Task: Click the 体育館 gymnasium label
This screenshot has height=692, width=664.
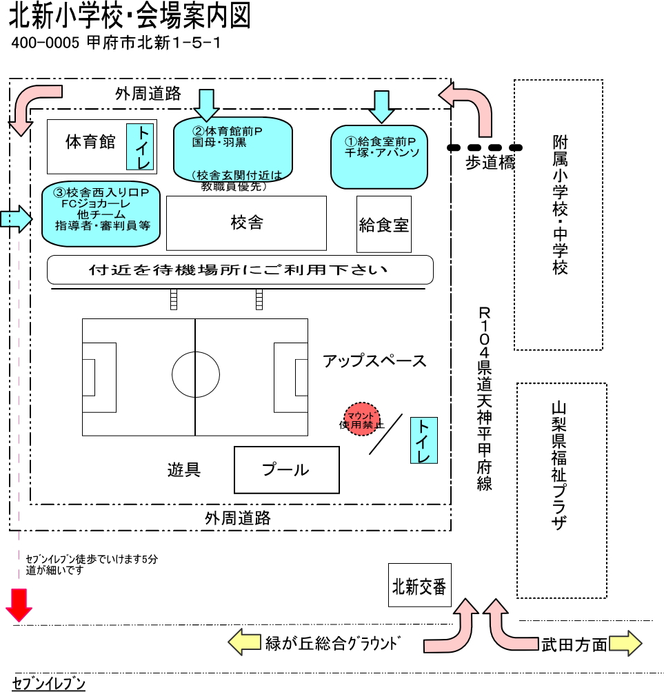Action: click(90, 142)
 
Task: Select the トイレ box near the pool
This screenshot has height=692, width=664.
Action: click(423, 440)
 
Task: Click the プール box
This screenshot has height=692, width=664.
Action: click(287, 470)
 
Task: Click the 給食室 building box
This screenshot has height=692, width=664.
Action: click(384, 224)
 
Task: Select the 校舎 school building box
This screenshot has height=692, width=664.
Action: click(246, 223)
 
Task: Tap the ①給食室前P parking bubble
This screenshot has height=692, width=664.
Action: click(380, 156)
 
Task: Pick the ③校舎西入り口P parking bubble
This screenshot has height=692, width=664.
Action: click(101, 214)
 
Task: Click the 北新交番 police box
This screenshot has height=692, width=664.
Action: click(419, 587)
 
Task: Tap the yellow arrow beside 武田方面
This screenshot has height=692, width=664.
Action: click(625, 644)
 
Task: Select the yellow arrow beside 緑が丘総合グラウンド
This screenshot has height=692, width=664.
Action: click(245, 644)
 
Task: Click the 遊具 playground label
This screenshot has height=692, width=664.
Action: click(184, 470)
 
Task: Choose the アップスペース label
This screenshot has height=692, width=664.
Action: click(374, 360)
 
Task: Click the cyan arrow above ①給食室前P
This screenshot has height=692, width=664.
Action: click(381, 106)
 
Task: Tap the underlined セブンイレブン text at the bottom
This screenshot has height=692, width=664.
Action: click(49, 684)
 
